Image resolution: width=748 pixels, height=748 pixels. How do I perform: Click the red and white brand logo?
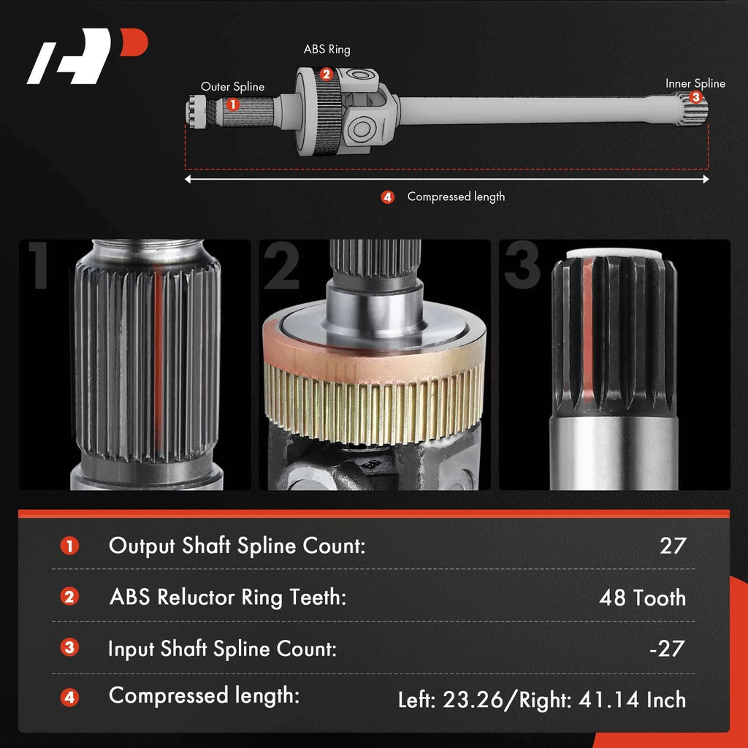87,56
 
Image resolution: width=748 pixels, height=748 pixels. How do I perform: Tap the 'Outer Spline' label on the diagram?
232,87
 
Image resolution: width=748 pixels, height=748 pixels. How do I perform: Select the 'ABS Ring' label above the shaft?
327,50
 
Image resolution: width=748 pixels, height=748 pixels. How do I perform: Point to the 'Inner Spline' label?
695,83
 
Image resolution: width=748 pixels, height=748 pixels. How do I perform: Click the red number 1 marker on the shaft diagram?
232,104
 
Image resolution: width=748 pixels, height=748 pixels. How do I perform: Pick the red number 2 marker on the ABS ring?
326,75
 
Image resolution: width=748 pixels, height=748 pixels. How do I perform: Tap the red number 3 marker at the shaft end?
695,97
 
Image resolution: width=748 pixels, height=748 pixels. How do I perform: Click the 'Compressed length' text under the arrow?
456,196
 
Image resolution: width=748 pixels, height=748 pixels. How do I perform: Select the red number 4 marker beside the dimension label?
387,197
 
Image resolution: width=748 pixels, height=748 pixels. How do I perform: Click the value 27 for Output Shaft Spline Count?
673,546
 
